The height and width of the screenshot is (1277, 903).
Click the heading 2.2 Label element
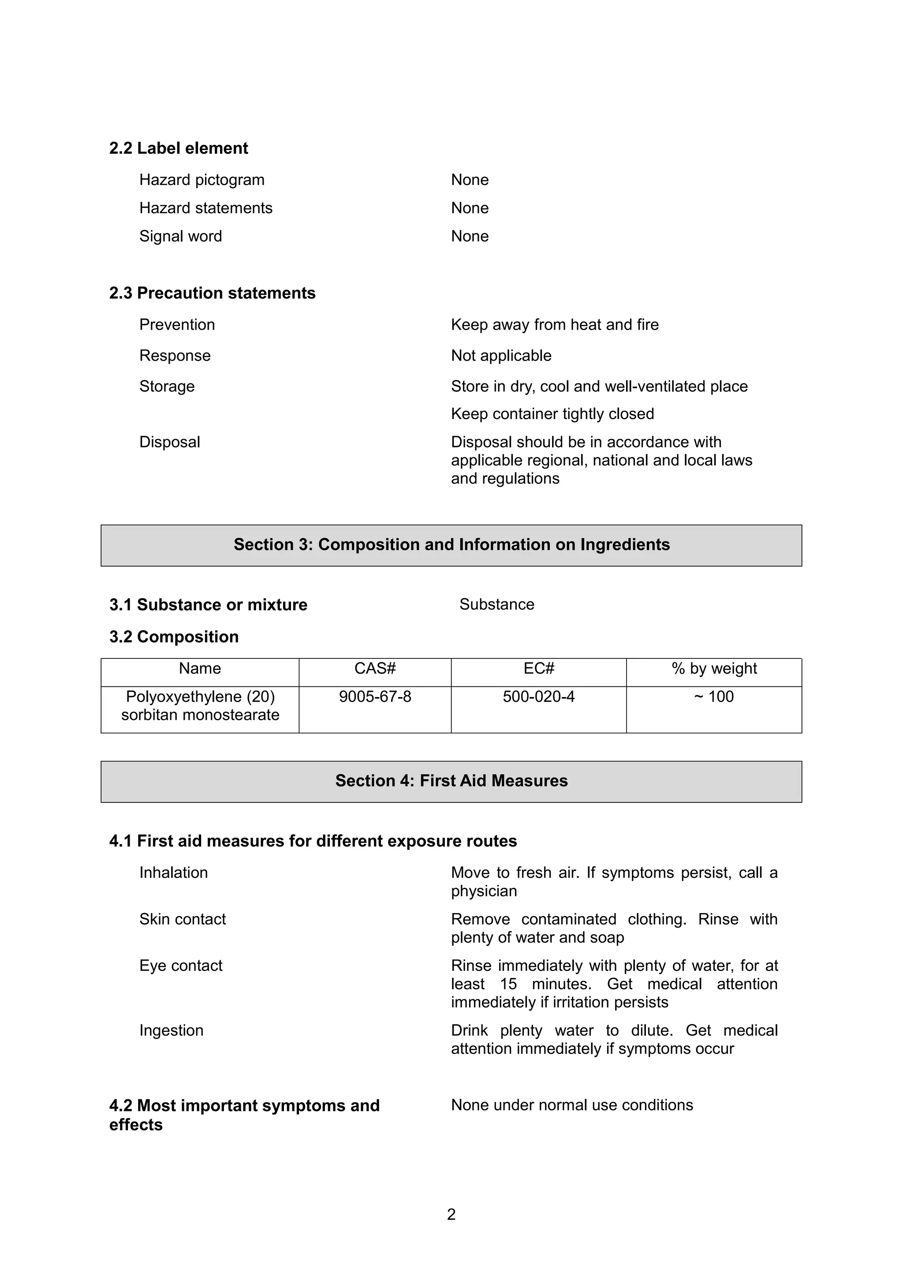[x=179, y=148]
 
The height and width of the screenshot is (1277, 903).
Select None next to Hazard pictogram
[x=470, y=180]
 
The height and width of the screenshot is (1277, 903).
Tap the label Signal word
[x=180, y=236]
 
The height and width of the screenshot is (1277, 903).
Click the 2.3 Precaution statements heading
[x=212, y=293]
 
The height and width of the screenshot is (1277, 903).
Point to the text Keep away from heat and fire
[x=554, y=324]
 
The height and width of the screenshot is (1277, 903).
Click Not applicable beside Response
[x=501, y=356]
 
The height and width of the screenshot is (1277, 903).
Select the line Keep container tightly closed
[x=552, y=414]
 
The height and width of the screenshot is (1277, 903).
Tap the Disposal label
[x=169, y=442]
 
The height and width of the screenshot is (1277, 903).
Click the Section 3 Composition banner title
[x=451, y=545]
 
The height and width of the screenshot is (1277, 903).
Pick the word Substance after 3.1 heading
[x=496, y=604]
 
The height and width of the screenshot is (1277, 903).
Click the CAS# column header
[x=375, y=668]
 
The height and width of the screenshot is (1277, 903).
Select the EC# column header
[x=538, y=668]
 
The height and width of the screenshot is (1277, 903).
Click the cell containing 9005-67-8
[x=375, y=697]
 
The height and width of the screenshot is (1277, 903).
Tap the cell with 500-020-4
[x=538, y=697]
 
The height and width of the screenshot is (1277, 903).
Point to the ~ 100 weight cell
[x=714, y=697]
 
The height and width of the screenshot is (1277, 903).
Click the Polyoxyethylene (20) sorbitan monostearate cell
[x=200, y=706]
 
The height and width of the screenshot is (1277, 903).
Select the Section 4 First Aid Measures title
[x=451, y=781]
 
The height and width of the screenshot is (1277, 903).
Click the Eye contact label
[x=181, y=965]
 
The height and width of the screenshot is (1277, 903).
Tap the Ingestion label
[x=172, y=1031]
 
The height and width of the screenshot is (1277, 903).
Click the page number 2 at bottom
[x=451, y=1215]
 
